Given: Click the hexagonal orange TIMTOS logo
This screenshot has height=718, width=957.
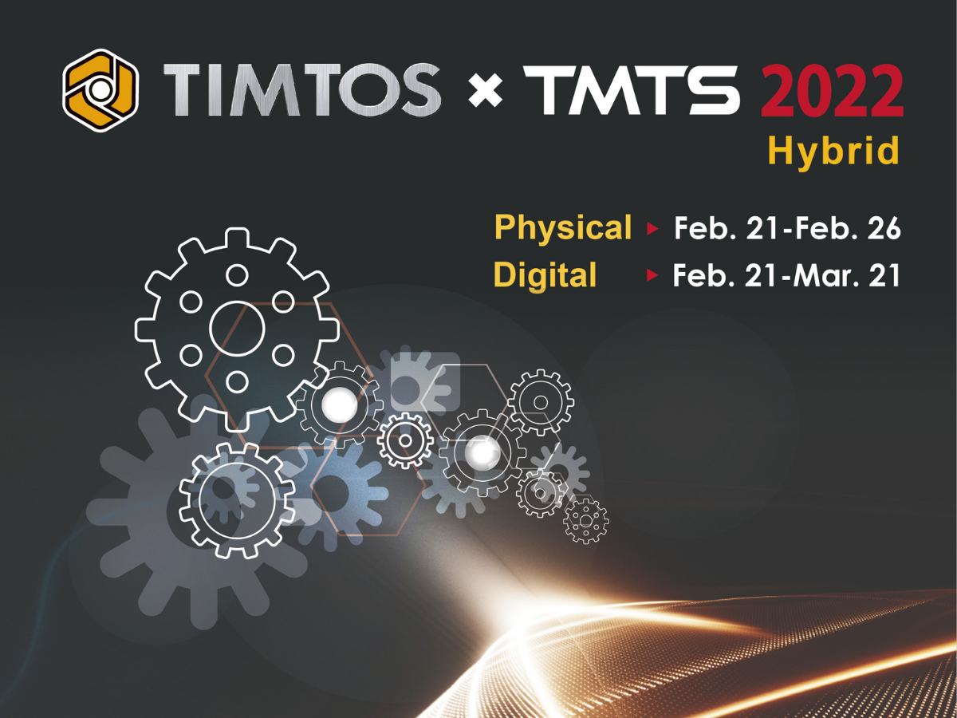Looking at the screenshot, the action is tap(100, 90).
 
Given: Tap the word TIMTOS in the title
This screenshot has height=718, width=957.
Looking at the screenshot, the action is tap(301, 90).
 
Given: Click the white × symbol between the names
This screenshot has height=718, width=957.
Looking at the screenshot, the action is tap(485, 91).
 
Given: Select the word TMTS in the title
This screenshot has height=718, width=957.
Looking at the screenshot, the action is tap(632, 90).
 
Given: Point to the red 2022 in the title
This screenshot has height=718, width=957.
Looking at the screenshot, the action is tap(832, 90).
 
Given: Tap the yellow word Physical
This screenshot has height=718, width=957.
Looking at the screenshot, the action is tap(563, 228).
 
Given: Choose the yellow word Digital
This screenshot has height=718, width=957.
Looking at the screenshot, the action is tap(545, 274).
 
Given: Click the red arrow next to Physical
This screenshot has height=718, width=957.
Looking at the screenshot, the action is tap(652, 228).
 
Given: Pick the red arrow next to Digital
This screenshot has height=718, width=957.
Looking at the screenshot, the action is tap(652, 275).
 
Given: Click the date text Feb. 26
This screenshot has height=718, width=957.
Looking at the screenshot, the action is tap(848, 228).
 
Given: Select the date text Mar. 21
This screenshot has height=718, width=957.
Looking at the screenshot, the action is tap(846, 275).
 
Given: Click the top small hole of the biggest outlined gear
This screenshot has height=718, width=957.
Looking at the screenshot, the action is tap(237, 275).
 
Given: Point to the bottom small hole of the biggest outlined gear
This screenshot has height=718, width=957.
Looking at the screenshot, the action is tap(237, 382).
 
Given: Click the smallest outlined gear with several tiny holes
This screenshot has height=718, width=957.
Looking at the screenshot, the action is tap(586, 520).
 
